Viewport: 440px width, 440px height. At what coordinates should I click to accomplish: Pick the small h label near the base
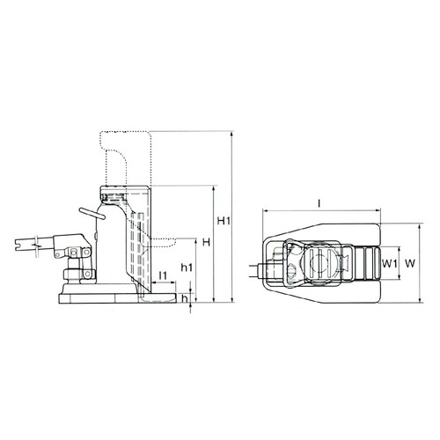(x=183, y=299)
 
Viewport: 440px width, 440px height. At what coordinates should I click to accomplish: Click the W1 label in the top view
(x=392, y=263)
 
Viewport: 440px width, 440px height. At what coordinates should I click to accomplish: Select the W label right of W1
(x=410, y=263)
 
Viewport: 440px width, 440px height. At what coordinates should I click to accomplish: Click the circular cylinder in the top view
(x=318, y=262)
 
